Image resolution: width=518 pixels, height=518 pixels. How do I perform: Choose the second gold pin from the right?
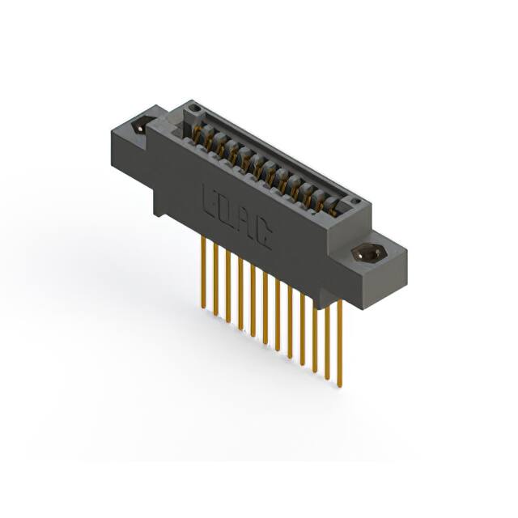click(327, 340)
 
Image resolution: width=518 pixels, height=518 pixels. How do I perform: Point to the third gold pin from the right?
click(315, 332)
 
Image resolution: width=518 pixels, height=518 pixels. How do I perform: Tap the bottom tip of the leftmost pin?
click(202, 306)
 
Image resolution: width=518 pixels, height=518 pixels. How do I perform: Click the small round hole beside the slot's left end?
click(193, 108)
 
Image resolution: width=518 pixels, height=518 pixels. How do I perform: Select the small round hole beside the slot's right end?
click(354, 200)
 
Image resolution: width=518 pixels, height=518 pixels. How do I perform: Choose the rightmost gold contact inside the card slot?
click(329, 206)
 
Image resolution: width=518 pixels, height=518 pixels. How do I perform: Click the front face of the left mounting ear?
click(129, 162)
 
